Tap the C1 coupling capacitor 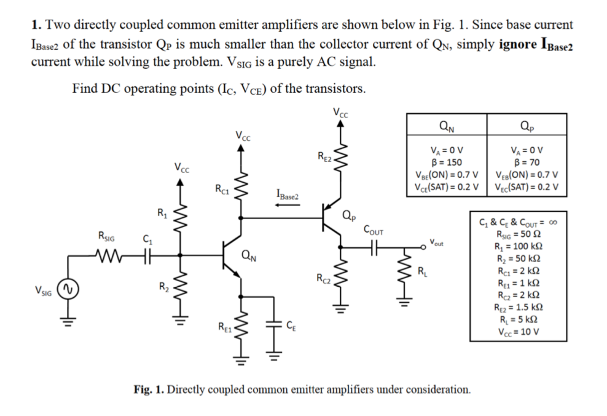pyautogui.click(x=146, y=254)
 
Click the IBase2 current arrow pyautogui.click(x=287, y=207)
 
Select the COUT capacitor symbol pyautogui.click(x=371, y=246)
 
